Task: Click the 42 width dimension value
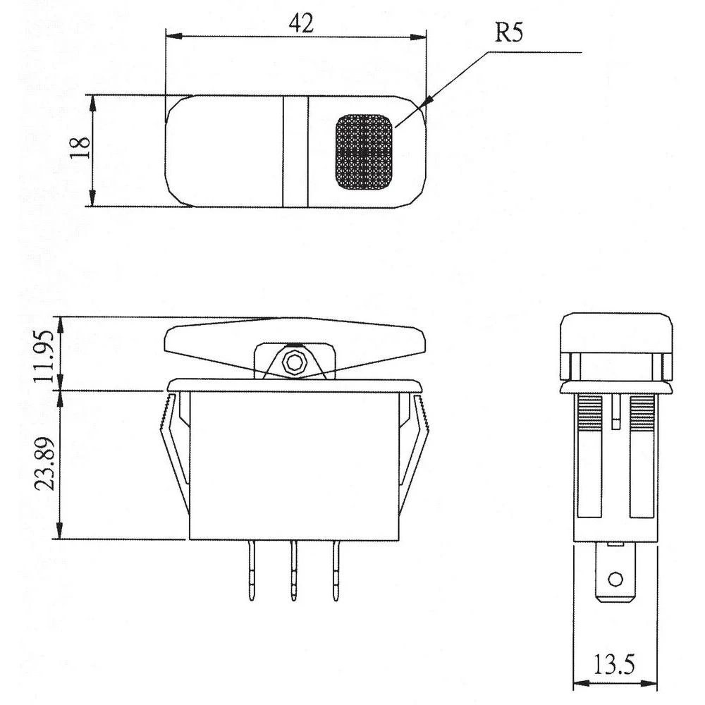(301, 23)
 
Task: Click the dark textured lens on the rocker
(364, 152)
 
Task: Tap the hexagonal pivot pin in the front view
(292, 363)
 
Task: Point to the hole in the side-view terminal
(615, 580)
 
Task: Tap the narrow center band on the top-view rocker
(295, 151)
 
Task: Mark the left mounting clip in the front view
(173, 451)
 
